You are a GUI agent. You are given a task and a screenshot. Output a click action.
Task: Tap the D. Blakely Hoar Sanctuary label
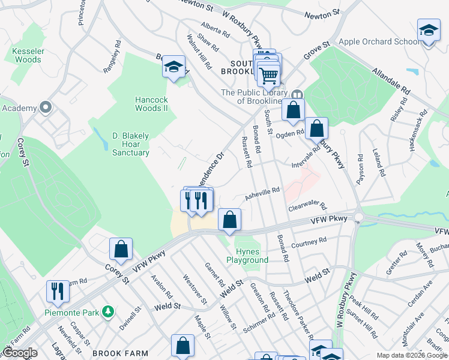[x=131, y=144]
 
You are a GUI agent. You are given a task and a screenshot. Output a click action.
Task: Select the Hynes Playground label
[x=247, y=256]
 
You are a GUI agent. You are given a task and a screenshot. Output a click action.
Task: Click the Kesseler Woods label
[x=26, y=55]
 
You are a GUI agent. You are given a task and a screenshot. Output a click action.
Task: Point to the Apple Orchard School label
[x=379, y=41]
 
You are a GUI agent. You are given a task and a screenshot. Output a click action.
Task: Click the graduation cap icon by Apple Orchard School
[x=429, y=30]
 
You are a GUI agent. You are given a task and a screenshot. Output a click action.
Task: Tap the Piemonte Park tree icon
[x=108, y=311]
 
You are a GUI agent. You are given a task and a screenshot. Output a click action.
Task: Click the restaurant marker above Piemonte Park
[x=58, y=291]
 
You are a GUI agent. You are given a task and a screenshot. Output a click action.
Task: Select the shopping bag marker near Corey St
[x=121, y=250]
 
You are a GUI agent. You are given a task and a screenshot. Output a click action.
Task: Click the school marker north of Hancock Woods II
[x=173, y=67]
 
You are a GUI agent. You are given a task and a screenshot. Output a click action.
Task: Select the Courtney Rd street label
[x=308, y=242]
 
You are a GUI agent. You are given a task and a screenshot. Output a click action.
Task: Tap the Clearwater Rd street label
[x=306, y=206]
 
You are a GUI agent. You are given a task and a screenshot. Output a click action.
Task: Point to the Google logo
[x=20, y=353]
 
